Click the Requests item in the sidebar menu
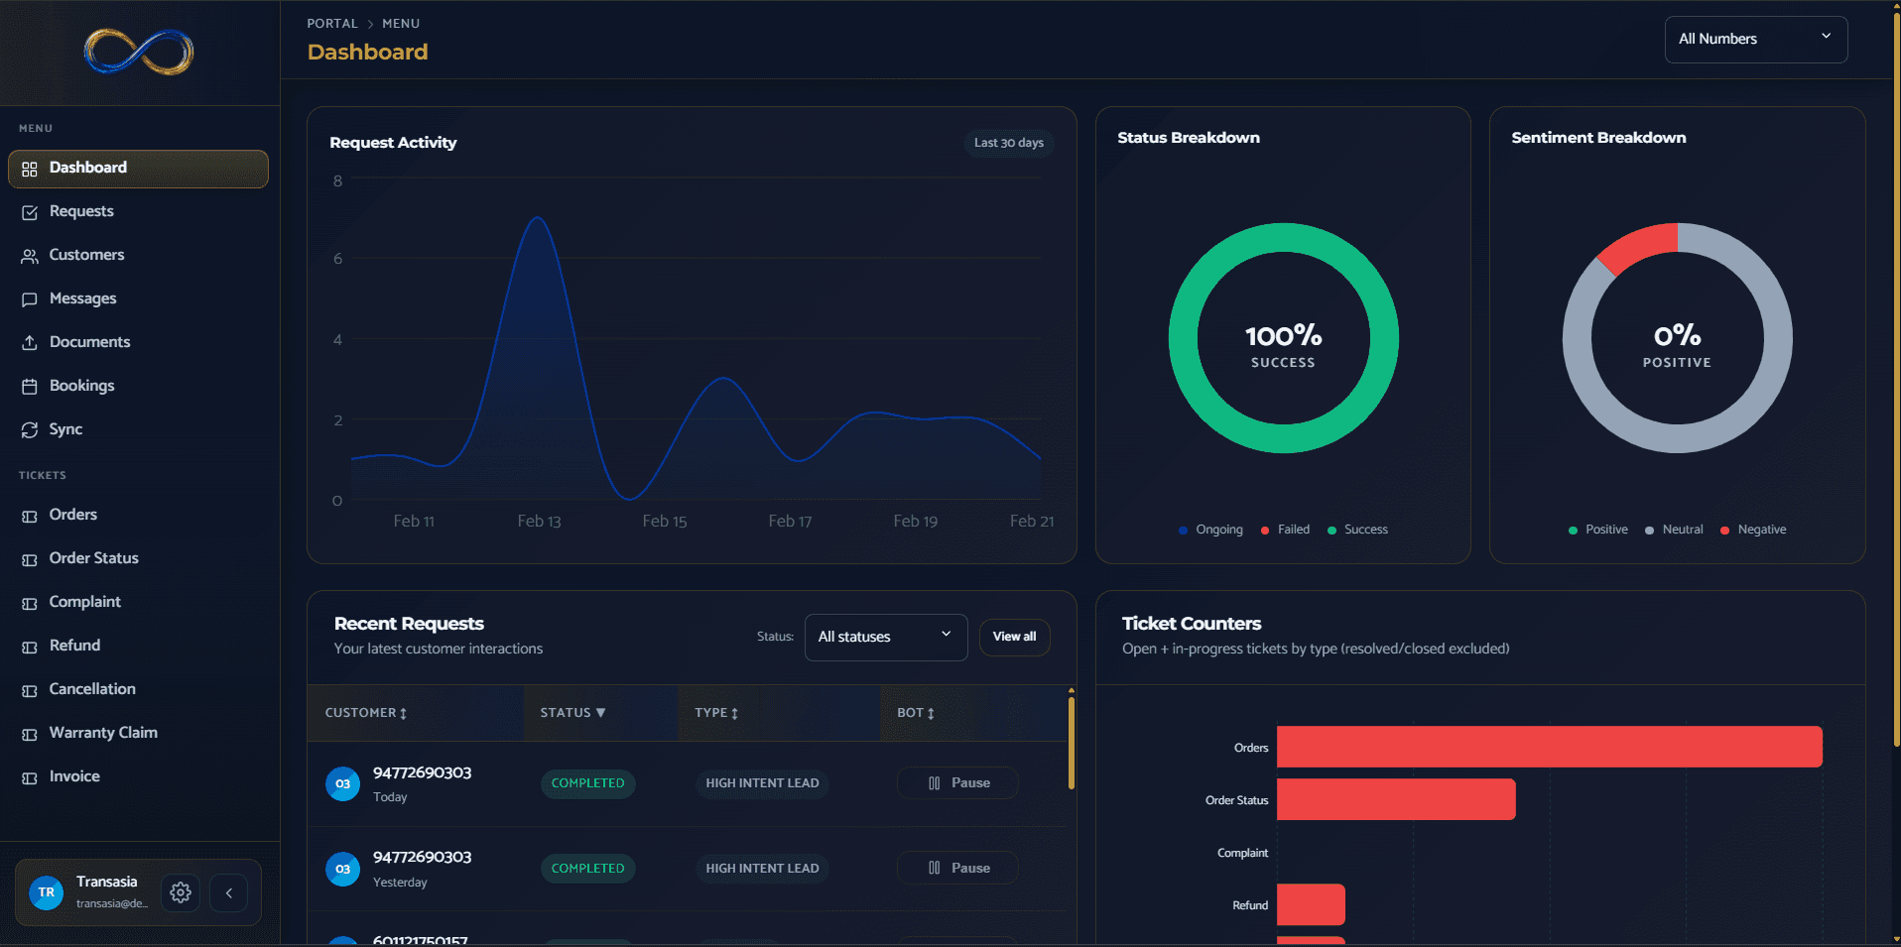point(81,211)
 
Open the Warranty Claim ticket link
point(103,733)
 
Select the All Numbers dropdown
point(1754,40)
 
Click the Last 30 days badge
point(1008,143)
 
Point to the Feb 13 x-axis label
point(539,522)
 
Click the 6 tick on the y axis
point(338,259)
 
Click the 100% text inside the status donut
point(1283,336)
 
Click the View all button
point(1014,637)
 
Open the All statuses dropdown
point(885,637)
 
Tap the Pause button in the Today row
point(957,783)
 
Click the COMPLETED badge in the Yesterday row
point(587,869)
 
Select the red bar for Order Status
point(1395,799)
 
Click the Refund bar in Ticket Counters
point(1310,904)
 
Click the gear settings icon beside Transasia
point(181,892)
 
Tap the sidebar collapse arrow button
point(228,892)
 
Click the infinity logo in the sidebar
point(139,52)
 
